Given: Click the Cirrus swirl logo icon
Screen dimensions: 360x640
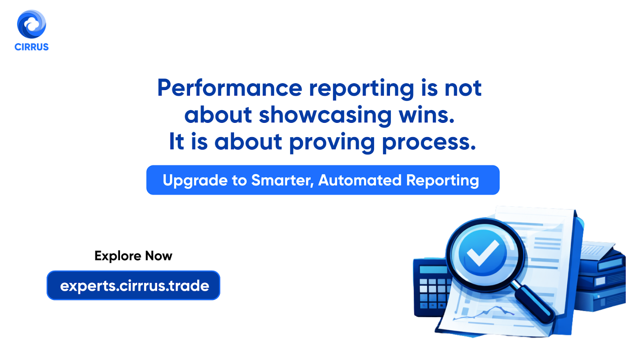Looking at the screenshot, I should click(32, 24).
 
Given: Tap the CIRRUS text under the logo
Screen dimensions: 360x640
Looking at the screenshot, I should click(32, 47).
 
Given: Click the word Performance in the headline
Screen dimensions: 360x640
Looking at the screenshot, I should click(230, 88).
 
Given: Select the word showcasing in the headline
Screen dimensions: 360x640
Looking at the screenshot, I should click(325, 115).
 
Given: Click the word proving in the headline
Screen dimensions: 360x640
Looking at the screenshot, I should click(332, 142).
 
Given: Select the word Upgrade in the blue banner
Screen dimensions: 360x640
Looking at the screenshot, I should click(194, 181).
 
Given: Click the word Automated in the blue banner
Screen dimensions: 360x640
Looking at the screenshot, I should click(360, 180).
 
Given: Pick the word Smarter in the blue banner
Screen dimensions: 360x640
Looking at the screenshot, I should click(282, 180).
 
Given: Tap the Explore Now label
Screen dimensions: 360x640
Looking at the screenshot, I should click(133, 256).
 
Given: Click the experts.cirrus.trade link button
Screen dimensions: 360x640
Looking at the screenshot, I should click(134, 286).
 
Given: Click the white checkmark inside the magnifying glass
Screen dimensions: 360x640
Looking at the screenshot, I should click(483, 253).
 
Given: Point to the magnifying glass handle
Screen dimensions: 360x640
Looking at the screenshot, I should click(534, 302).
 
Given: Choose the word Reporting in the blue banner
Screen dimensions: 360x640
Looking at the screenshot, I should click(442, 181).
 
